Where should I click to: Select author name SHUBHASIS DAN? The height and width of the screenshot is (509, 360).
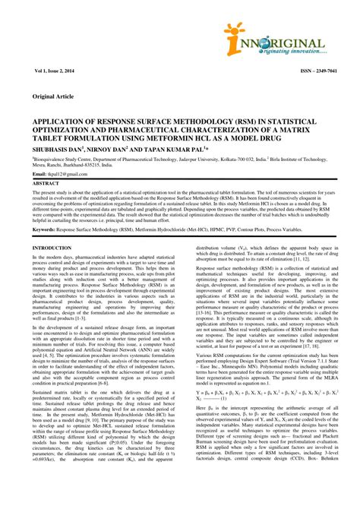tap(55, 149)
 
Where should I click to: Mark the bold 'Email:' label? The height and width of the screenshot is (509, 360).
tap(39, 175)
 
